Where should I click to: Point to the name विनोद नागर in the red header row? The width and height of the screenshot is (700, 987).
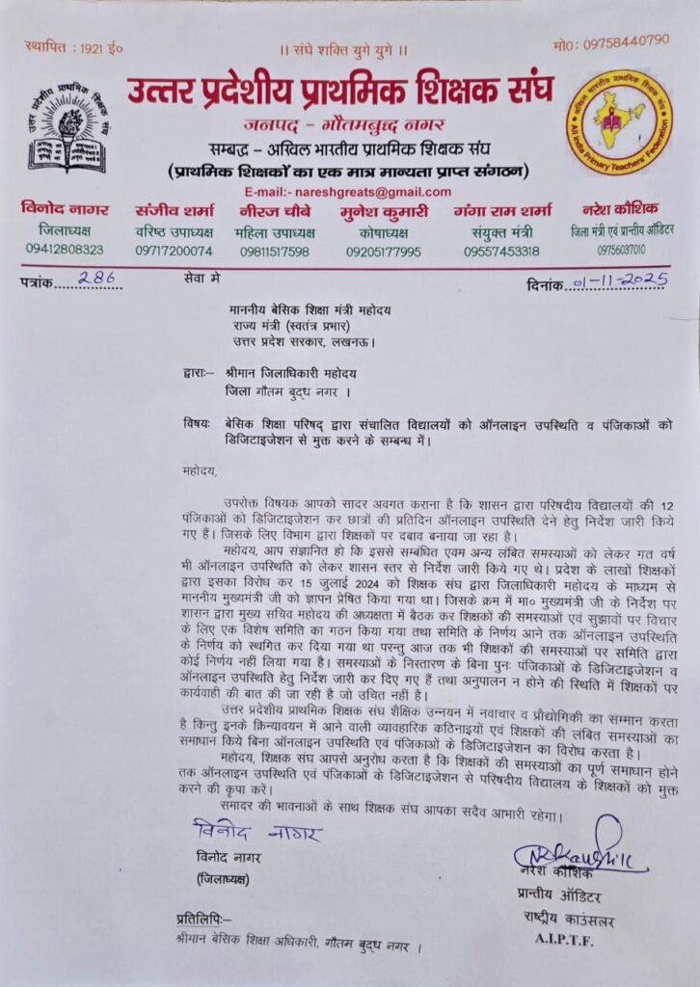click(x=67, y=209)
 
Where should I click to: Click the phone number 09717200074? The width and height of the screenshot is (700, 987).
click(x=174, y=251)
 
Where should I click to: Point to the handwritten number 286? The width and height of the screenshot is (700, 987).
click(x=95, y=280)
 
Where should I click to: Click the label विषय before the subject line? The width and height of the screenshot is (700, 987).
click(x=197, y=424)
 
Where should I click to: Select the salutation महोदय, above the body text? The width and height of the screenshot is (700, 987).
click(x=201, y=470)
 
